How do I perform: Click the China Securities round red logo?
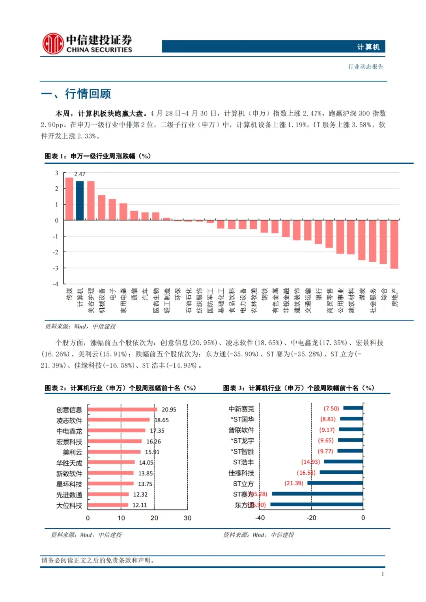53,43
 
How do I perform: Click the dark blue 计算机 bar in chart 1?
80,200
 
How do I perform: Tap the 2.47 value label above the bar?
80,174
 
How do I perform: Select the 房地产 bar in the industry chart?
394,244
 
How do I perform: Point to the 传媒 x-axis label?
69,294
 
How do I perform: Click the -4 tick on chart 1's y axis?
56,284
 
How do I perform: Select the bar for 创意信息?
122,410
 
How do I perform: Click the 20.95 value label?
169,410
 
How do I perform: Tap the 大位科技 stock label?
69,505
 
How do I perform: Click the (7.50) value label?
331,408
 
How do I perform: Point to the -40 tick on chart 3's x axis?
260,518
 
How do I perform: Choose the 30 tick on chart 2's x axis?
187,518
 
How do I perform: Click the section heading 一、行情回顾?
76,94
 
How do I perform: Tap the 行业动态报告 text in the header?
366,67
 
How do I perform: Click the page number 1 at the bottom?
383,574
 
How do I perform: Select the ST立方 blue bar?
335,483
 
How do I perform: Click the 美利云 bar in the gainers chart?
114,452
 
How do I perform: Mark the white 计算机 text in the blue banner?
368,47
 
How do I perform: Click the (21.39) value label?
294,483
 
